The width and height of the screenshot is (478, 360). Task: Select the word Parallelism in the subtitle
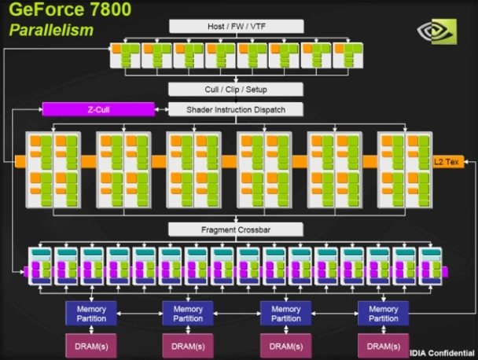(x=52, y=31)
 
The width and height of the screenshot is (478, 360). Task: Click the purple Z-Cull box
(x=97, y=110)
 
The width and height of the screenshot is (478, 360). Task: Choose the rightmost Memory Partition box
(x=383, y=313)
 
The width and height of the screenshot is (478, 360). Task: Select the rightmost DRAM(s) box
(x=383, y=345)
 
